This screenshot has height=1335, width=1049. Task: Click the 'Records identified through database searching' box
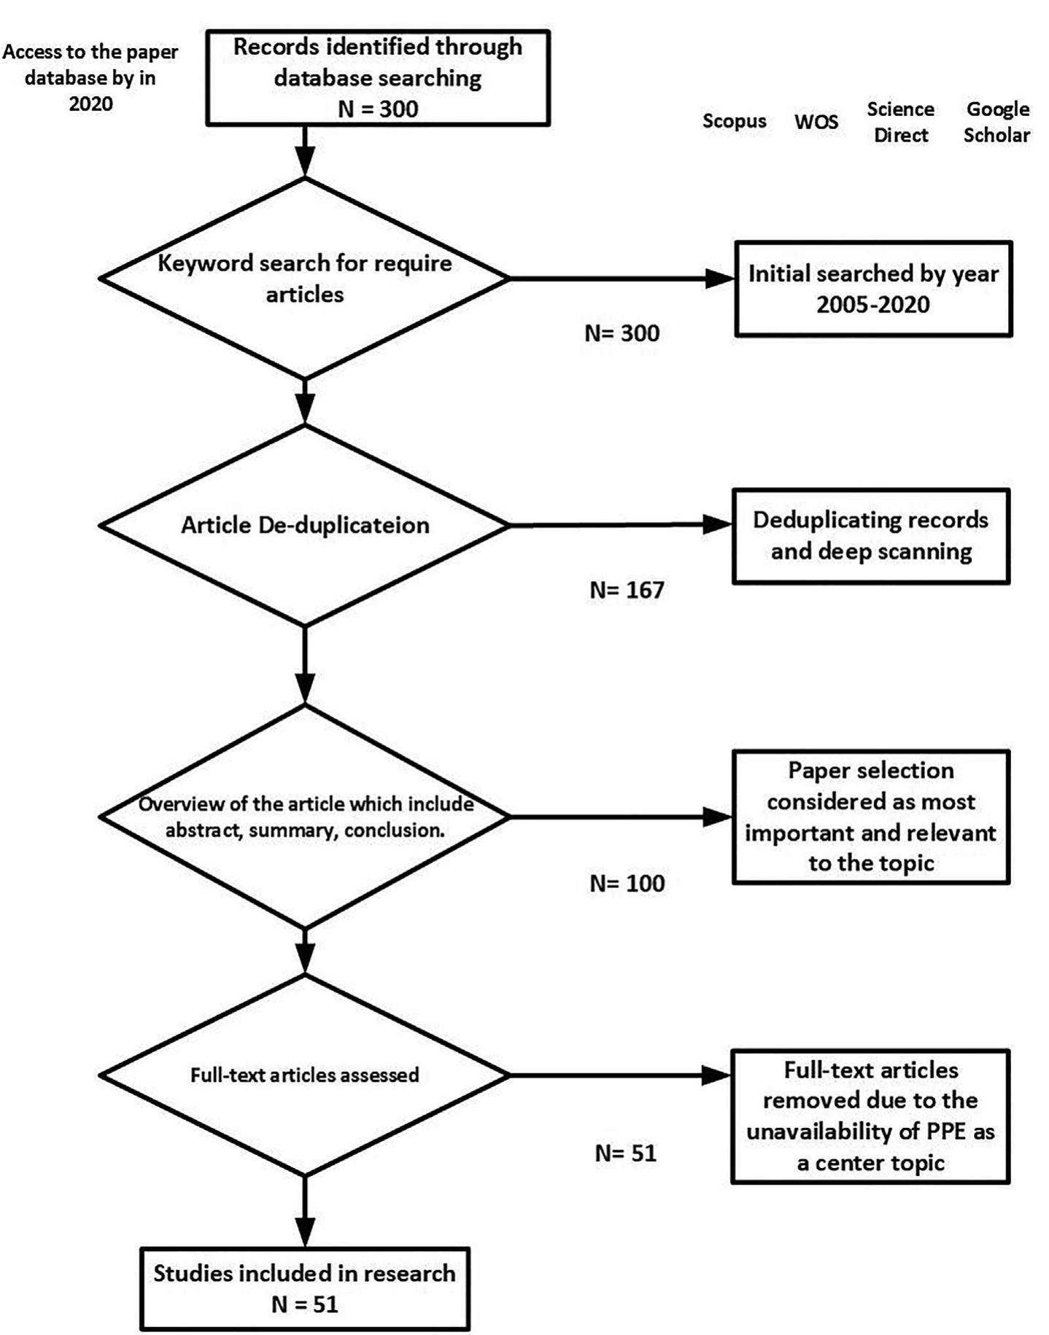point(377,78)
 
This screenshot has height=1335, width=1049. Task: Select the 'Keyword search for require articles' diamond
point(304,279)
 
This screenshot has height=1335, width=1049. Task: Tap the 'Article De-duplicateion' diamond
point(304,526)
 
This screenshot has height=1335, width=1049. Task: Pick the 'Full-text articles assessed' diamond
point(304,1075)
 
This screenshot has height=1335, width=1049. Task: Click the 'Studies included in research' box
point(304,1288)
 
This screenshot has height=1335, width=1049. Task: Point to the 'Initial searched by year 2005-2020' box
point(872,289)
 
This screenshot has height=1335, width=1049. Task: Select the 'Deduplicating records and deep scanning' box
point(870,536)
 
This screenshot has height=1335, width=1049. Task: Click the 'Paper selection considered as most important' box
point(870,817)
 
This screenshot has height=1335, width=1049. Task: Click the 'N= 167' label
point(627,589)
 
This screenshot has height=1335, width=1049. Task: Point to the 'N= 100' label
point(627,884)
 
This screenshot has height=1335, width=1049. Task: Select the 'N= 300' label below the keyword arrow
point(622,333)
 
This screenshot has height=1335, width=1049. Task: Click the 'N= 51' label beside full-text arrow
point(625,1153)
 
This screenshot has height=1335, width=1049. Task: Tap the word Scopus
point(734,121)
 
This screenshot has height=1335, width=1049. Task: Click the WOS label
point(816,122)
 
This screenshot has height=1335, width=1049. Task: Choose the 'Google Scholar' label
point(996,122)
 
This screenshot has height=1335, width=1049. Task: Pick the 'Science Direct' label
point(900,122)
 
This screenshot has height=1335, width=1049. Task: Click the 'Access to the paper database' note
point(90,78)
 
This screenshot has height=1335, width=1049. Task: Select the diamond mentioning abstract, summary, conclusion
point(304,817)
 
